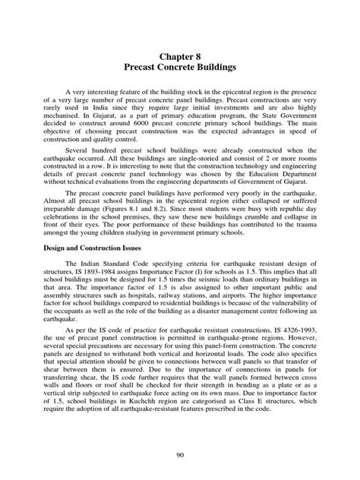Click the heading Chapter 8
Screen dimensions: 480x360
[180, 55]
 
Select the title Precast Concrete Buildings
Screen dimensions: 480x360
[180, 68]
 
